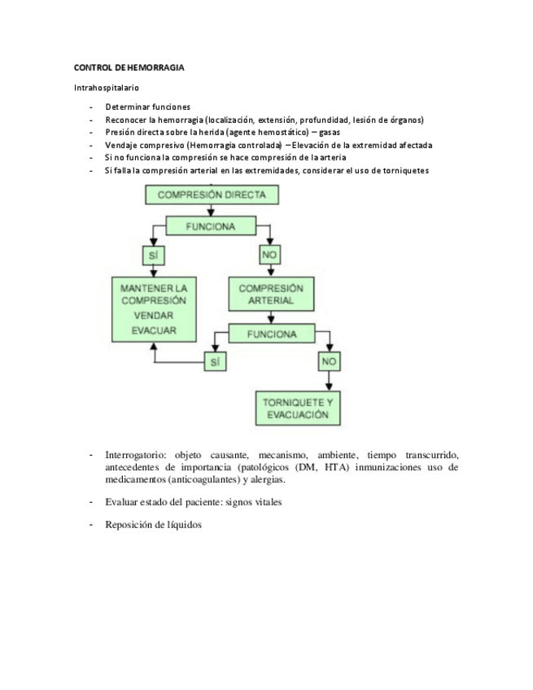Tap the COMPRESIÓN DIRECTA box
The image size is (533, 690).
pyautogui.click(x=211, y=194)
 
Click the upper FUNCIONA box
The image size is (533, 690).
pyautogui.click(x=211, y=227)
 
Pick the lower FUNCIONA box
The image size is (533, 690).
pyautogui.click(x=272, y=334)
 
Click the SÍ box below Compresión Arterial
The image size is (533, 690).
pyautogui.click(x=215, y=362)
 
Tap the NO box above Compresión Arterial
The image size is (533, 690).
pyautogui.click(x=270, y=255)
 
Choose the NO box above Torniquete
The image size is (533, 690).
pyautogui.click(x=329, y=360)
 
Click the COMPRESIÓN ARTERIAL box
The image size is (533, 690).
pyautogui.click(x=271, y=295)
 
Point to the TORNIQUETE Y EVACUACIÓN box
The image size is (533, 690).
pyautogui.click(x=298, y=408)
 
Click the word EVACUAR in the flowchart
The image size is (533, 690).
pyautogui.click(x=154, y=330)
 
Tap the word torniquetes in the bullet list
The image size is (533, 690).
pyautogui.click(x=400, y=170)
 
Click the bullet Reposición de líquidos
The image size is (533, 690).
pyautogui.click(x=153, y=525)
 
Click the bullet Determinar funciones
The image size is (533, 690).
pyautogui.click(x=147, y=107)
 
